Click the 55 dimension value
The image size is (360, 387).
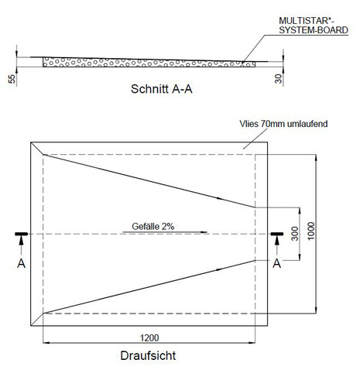point(12,79)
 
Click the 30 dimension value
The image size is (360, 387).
point(279,78)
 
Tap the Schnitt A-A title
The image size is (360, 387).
point(162,89)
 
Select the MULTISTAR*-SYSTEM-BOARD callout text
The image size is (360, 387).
point(314,26)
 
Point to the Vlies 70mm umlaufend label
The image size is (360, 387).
point(283,124)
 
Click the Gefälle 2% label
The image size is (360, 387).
point(153,226)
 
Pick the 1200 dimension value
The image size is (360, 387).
point(149,337)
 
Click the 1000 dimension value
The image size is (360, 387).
point(311,231)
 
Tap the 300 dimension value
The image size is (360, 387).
point(295,234)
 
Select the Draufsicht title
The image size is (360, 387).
point(148,355)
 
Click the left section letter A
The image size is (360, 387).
point(21,263)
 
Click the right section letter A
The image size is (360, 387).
point(277,263)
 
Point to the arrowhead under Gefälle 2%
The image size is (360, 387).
point(204,232)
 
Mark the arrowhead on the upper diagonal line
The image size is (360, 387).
point(220,198)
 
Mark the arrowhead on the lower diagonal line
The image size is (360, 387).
point(220,269)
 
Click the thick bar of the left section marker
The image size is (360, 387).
point(22,234)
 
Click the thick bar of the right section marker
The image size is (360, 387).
point(277,234)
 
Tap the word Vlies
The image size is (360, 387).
point(249,124)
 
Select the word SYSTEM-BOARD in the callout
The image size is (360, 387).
point(314,30)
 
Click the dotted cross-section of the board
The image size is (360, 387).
point(149,63)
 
